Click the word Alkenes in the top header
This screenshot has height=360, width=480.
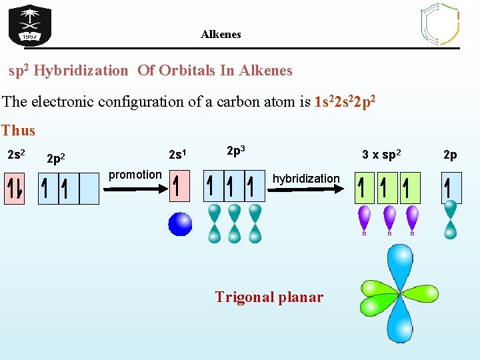(x=221, y=34)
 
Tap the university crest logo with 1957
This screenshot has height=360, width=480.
(x=29, y=25)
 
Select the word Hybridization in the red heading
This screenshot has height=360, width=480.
(x=81, y=70)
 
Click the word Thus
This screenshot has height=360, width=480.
(x=18, y=131)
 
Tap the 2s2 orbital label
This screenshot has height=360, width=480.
(x=16, y=155)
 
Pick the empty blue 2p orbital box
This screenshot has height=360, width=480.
(x=89, y=189)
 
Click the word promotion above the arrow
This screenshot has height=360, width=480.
(x=135, y=175)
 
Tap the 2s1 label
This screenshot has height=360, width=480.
(x=177, y=155)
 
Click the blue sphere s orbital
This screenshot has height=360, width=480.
(x=180, y=224)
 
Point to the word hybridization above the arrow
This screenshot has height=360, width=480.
(x=306, y=179)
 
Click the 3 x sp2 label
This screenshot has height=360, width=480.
(x=381, y=155)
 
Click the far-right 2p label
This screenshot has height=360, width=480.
(x=450, y=155)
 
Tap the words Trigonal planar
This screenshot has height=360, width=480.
(x=269, y=297)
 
